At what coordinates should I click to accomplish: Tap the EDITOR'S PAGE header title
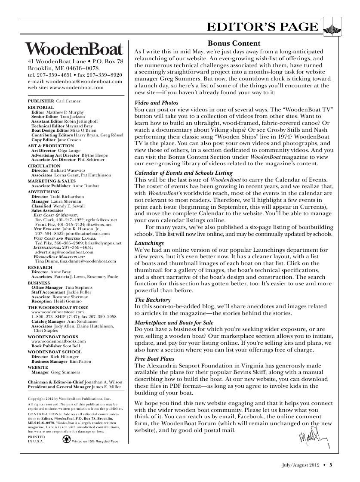pyautogui.click(x=263, y=28)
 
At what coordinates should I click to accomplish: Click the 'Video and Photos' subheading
pyautogui.click(x=156, y=103)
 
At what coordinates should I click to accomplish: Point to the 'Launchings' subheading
pyautogui.click(x=149, y=243)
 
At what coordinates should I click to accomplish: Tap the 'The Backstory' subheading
pyautogui.click(x=153, y=300)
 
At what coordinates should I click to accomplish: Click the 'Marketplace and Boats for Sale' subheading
pyautogui.click(x=174, y=322)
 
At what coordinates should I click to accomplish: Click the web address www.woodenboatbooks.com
pyautogui.click(x=58, y=340)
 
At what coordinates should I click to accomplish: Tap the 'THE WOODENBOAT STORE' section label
pyautogui.click(x=58, y=308)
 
